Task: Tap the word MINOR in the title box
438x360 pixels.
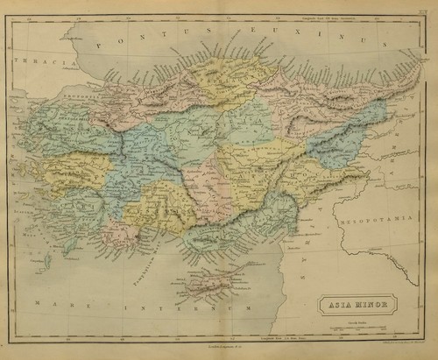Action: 368,307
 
